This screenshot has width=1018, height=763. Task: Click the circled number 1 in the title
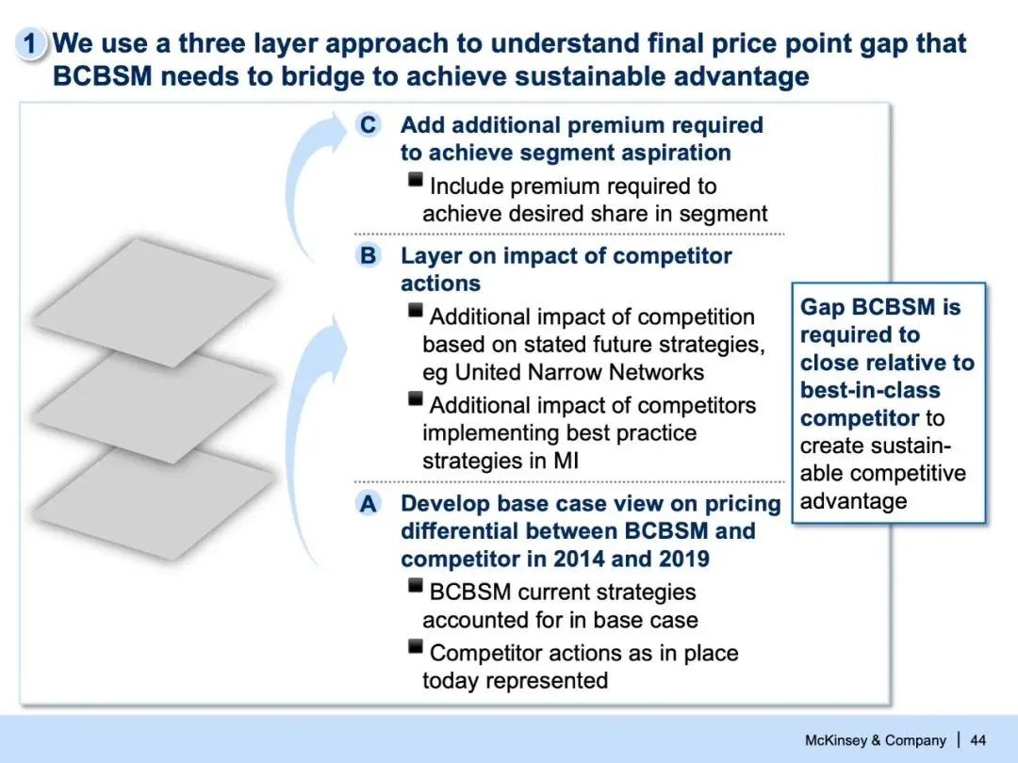[31, 43]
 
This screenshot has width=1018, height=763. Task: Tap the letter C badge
[368, 125]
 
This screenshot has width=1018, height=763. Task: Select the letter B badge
[368, 256]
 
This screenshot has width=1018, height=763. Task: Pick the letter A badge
[368, 504]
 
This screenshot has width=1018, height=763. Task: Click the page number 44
[977, 739]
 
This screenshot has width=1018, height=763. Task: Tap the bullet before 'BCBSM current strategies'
[416, 587]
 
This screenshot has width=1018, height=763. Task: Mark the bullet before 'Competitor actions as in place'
[416, 647]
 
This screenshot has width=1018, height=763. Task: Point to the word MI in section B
[568, 462]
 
